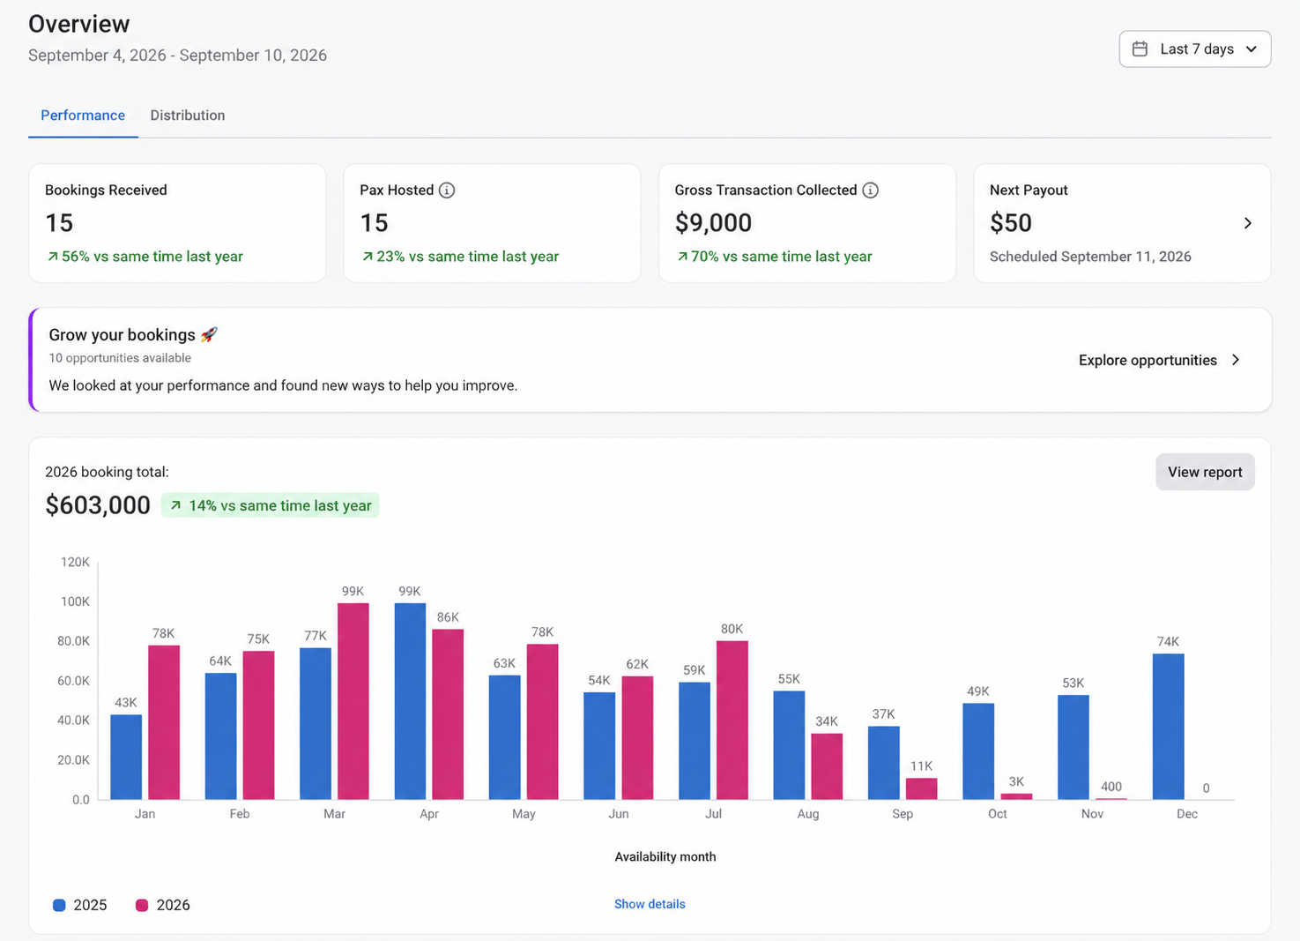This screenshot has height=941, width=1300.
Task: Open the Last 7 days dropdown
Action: click(1194, 49)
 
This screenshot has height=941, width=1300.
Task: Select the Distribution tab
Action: click(188, 115)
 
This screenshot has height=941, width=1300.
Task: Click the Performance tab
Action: click(83, 115)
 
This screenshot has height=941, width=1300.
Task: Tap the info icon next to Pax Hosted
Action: click(446, 190)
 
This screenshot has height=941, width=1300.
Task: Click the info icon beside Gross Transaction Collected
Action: click(870, 190)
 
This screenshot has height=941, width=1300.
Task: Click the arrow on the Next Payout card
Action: click(1248, 223)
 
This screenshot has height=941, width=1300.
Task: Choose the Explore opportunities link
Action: click(1159, 360)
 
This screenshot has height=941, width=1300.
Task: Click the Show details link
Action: click(650, 904)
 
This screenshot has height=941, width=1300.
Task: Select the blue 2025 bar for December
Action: click(1169, 727)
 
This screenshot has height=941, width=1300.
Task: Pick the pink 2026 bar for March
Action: click(353, 701)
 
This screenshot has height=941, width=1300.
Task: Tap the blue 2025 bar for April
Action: click(410, 701)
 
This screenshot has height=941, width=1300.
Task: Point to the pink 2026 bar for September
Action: click(921, 788)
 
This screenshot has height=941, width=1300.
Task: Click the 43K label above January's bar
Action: click(126, 702)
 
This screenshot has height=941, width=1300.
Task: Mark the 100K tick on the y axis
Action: click(75, 601)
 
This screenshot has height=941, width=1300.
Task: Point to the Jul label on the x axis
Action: click(713, 814)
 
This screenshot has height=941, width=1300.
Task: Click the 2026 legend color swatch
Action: click(142, 905)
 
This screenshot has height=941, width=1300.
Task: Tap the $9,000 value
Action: click(713, 223)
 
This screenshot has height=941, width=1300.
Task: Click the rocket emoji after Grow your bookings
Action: click(209, 334)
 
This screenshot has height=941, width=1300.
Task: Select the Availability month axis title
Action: click(665, 856)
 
